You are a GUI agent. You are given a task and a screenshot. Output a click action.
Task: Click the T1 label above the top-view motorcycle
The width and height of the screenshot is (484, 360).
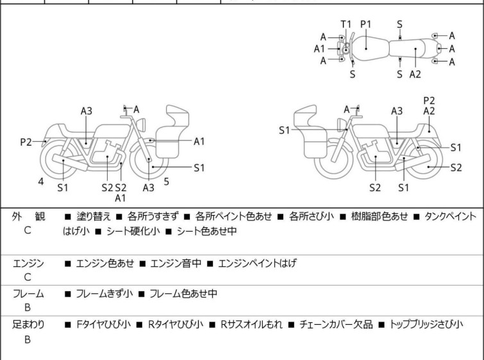coord(346,24)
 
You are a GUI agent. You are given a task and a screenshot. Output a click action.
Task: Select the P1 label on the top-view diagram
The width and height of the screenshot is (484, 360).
coord(366,24)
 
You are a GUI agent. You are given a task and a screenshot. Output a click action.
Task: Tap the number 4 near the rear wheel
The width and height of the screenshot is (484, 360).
coord(41,182)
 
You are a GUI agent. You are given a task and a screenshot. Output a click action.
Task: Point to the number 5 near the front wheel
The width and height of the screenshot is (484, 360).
coord(166,182)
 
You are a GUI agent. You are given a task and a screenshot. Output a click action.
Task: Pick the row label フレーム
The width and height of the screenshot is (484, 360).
coord(28,294)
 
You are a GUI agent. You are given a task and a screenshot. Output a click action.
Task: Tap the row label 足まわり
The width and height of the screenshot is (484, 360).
coord(28,325)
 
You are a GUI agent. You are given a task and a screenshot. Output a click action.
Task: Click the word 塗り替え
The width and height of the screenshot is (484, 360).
coord(94,217)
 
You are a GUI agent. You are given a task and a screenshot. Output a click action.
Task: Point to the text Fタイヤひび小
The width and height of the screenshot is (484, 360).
coord(102,325)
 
